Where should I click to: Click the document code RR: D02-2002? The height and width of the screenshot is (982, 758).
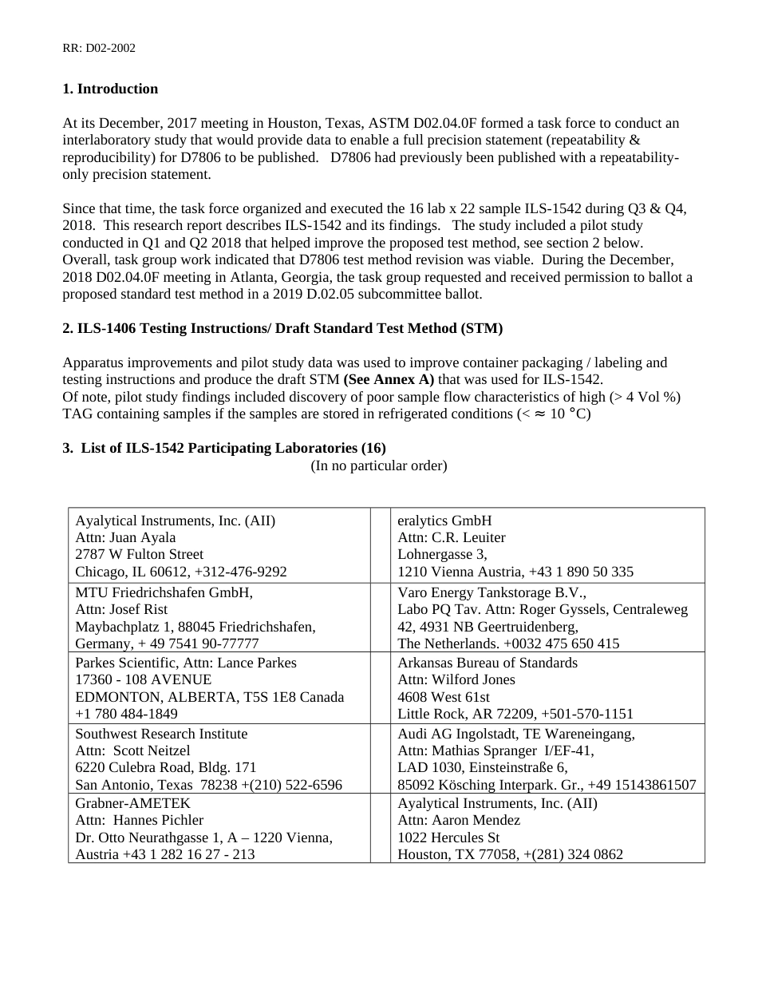pyautogui.click(x=99, y=48)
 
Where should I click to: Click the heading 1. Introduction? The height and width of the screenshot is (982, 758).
pyautogui.click(x=110, y=89)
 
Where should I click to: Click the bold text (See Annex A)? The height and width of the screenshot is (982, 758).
pyautogui.click(x=389, y=379)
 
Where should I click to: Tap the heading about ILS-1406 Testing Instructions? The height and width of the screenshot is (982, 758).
pyautogui.click(x=282, y=328)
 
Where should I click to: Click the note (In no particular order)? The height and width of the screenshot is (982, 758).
pyautogui.click(x=379, y=465)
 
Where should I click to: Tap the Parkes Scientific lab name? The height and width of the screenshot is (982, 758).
pyautogui.click(x=124, y=663)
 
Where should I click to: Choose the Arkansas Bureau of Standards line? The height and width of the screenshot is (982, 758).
pyautogui.click(x=488, y=663)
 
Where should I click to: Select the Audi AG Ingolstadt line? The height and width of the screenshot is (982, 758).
pyautogui.click(x=516, y=734)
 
